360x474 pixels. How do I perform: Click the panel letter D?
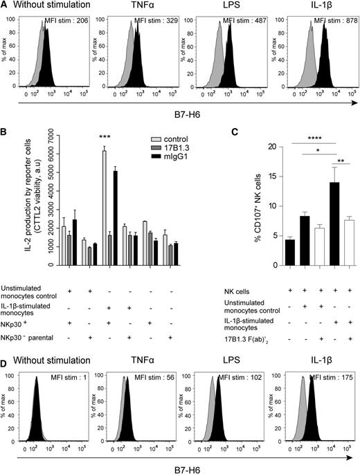pos(6,361)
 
